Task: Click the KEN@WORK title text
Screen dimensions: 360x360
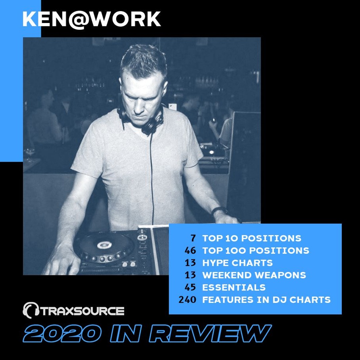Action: click(x=92, y=19)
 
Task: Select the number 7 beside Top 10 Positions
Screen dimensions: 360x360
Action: click(x=193, y=238)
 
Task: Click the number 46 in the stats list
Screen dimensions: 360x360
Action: click(x=190, y=251)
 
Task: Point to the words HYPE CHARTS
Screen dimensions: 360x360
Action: click(x=237, y=263)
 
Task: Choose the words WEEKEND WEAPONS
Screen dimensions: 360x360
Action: click(x=254, y=275)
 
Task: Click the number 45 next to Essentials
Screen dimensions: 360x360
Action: click(x=190, y=287)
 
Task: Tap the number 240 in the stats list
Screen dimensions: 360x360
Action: click(x=187, y=300)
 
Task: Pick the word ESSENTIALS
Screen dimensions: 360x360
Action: click(x=234, y=287)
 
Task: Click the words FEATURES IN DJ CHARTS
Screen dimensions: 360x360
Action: click(x=266, y=300)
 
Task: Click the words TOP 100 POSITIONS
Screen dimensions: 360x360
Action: click(x=256, y=251)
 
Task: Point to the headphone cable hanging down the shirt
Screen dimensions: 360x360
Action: click(x=152, y=177)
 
